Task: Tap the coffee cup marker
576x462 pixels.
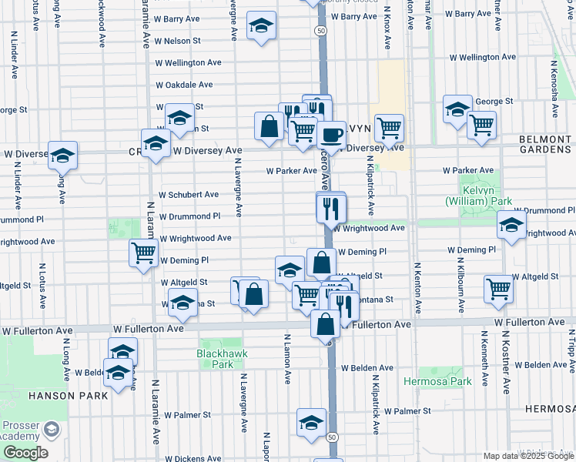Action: (331, 135)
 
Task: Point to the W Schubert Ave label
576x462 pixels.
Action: (189, 196)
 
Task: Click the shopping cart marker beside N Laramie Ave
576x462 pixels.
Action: (143, 252)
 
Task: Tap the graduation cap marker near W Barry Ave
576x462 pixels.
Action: (262, 27)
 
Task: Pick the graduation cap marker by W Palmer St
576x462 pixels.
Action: (312, 423)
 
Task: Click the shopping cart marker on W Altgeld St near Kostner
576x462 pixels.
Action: (498, 289)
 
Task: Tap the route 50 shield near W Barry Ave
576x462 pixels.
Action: (320, 29)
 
